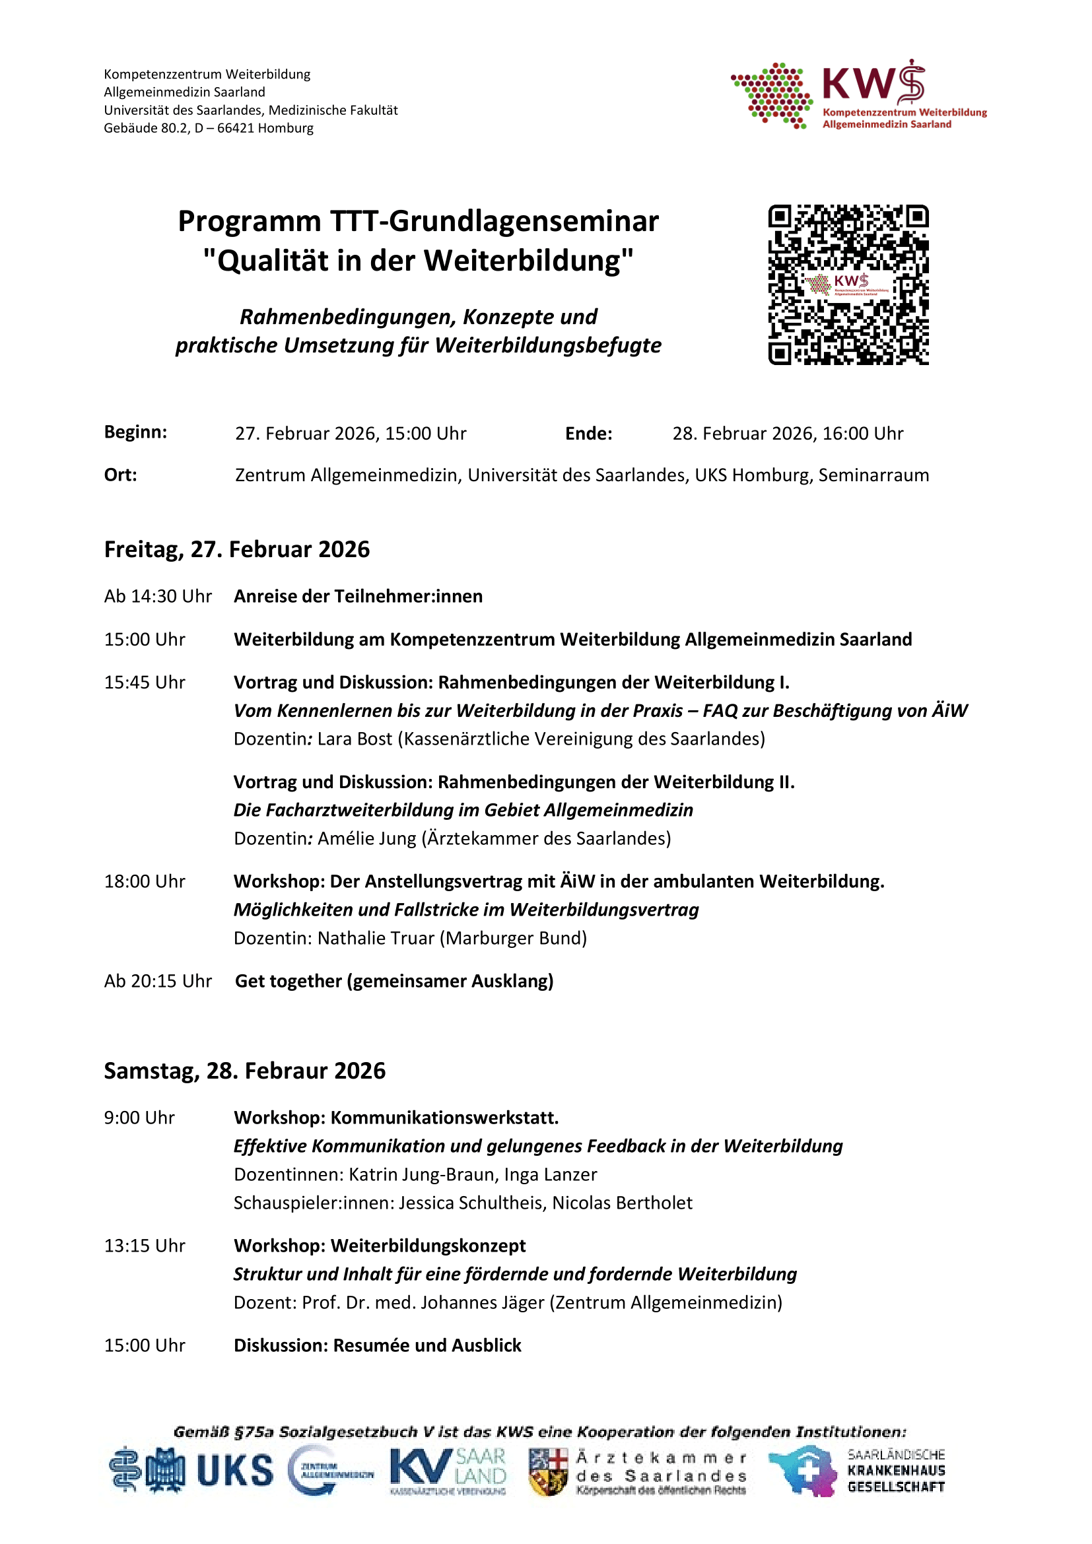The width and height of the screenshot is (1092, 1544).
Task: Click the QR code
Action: click(x=848, y=285)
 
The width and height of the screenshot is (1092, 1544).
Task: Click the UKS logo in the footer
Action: click(x=233, y=1471)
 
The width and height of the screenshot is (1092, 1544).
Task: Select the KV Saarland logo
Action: click(x=447, y=1471)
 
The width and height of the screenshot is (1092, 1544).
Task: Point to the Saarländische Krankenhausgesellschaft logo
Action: click(x=857, y=1471)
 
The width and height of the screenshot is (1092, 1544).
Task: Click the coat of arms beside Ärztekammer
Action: click(x=548, y=1471)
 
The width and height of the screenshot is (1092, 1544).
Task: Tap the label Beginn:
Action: click(x=135, y=432)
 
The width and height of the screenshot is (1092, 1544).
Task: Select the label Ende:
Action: click(x=588, y=434)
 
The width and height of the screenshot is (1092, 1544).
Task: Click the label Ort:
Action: click(x=120, y=475)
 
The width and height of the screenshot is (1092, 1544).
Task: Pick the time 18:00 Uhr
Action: click(x=144, y=882)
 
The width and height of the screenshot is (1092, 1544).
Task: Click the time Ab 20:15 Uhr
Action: click(x=157, y=981)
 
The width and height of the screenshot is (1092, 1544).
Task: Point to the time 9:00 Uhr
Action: click(x=139, y=1118)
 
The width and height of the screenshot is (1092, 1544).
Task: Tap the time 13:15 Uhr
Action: click(x=144, y=1246)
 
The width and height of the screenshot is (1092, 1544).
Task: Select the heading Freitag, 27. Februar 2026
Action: click(x=237, y=549)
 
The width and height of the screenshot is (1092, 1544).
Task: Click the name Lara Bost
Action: click(x=355, y=739)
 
